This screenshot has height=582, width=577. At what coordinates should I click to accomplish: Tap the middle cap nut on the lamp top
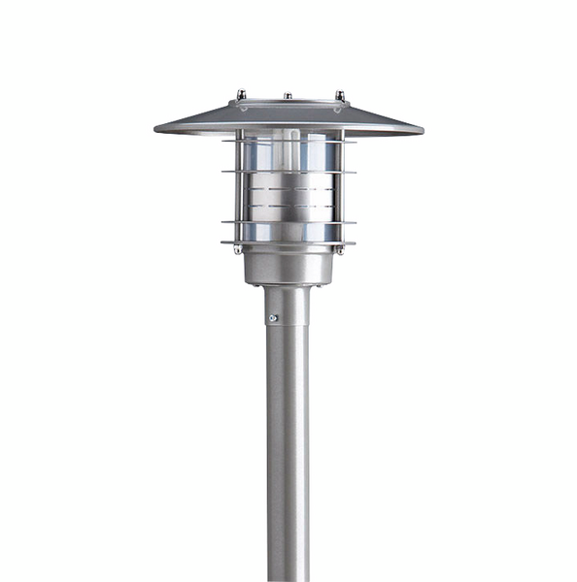coord(288,96)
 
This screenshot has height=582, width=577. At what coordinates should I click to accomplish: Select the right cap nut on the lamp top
coord(340,95)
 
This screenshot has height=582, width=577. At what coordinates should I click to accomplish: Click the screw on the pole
coord(273,317)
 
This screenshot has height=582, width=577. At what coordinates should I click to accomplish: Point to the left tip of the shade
coord(157,128)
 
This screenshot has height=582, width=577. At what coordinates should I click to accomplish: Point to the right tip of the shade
coord(421,128)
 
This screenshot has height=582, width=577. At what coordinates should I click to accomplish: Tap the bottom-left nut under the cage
coord(238,249)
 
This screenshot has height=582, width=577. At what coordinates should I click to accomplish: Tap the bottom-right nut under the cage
coord(339,249)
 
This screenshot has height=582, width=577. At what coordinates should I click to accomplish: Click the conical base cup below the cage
coord(288,264)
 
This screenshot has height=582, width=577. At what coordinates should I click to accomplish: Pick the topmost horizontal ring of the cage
coord(288,144)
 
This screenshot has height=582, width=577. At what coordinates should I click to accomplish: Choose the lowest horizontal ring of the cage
coord(288,242)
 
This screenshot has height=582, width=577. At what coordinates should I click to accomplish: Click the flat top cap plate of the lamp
coord(288,102)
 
